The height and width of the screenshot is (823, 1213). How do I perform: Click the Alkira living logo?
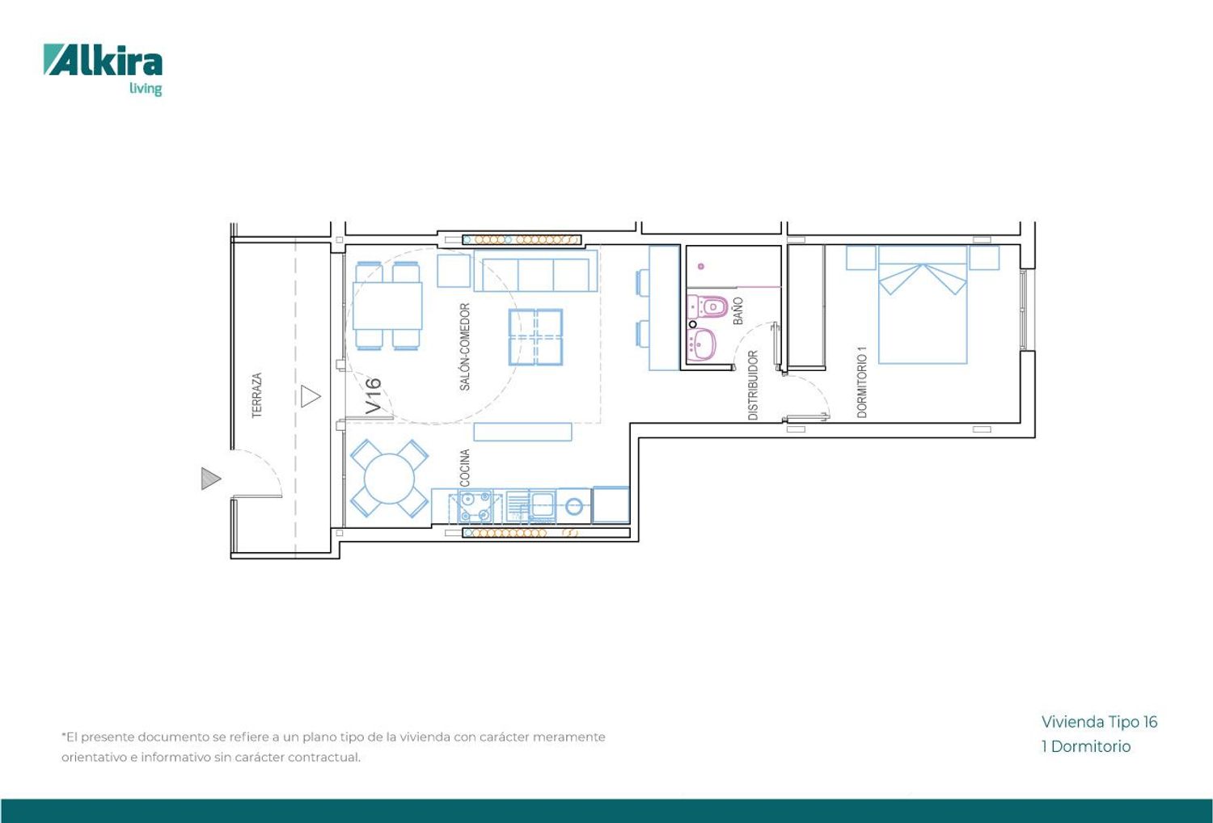coord(103,70)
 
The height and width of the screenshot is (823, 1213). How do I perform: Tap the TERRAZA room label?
coord(257,395)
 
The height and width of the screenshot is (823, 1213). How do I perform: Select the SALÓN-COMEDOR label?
coord(465,347)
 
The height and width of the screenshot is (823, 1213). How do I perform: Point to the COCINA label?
coord(464,468)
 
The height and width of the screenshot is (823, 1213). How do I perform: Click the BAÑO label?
coord(738,310)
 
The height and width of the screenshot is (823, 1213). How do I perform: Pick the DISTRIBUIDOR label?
coord(753,385)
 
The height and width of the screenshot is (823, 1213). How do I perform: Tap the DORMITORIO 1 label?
coord(862,382)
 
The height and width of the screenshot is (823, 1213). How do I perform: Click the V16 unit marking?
coord(373,396)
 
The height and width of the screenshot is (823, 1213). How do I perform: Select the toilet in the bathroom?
coord(708,306)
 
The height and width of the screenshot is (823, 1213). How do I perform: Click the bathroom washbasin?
coord(701,344)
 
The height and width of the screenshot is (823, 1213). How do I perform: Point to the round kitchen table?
coord(389,478)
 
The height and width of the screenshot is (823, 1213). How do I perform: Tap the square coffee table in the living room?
coord(535,337)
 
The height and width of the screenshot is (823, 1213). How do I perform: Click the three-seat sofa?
coord(535,271)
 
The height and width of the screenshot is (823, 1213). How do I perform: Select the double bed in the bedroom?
coord(922,305)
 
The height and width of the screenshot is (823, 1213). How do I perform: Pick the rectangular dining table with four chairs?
coord(387,306)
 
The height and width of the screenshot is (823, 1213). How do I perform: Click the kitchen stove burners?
coord(475,506)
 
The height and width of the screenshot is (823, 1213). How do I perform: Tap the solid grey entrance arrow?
coord(210,479)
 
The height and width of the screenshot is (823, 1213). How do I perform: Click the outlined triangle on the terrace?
coord(311,396)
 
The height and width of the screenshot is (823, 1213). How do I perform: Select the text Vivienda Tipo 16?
coord(1099,722)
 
